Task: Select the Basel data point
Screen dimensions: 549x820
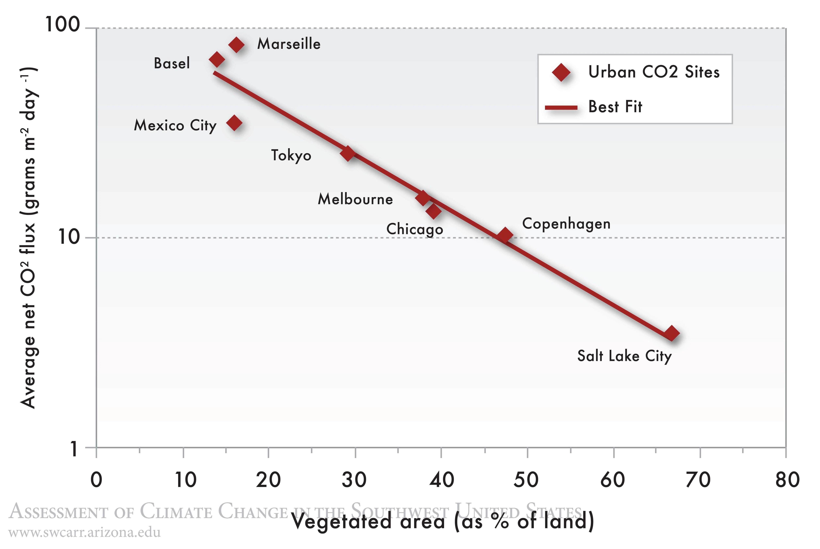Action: coord(217,60)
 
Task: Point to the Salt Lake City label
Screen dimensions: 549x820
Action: coord(624,356)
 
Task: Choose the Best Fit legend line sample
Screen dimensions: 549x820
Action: coord(561,107)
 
